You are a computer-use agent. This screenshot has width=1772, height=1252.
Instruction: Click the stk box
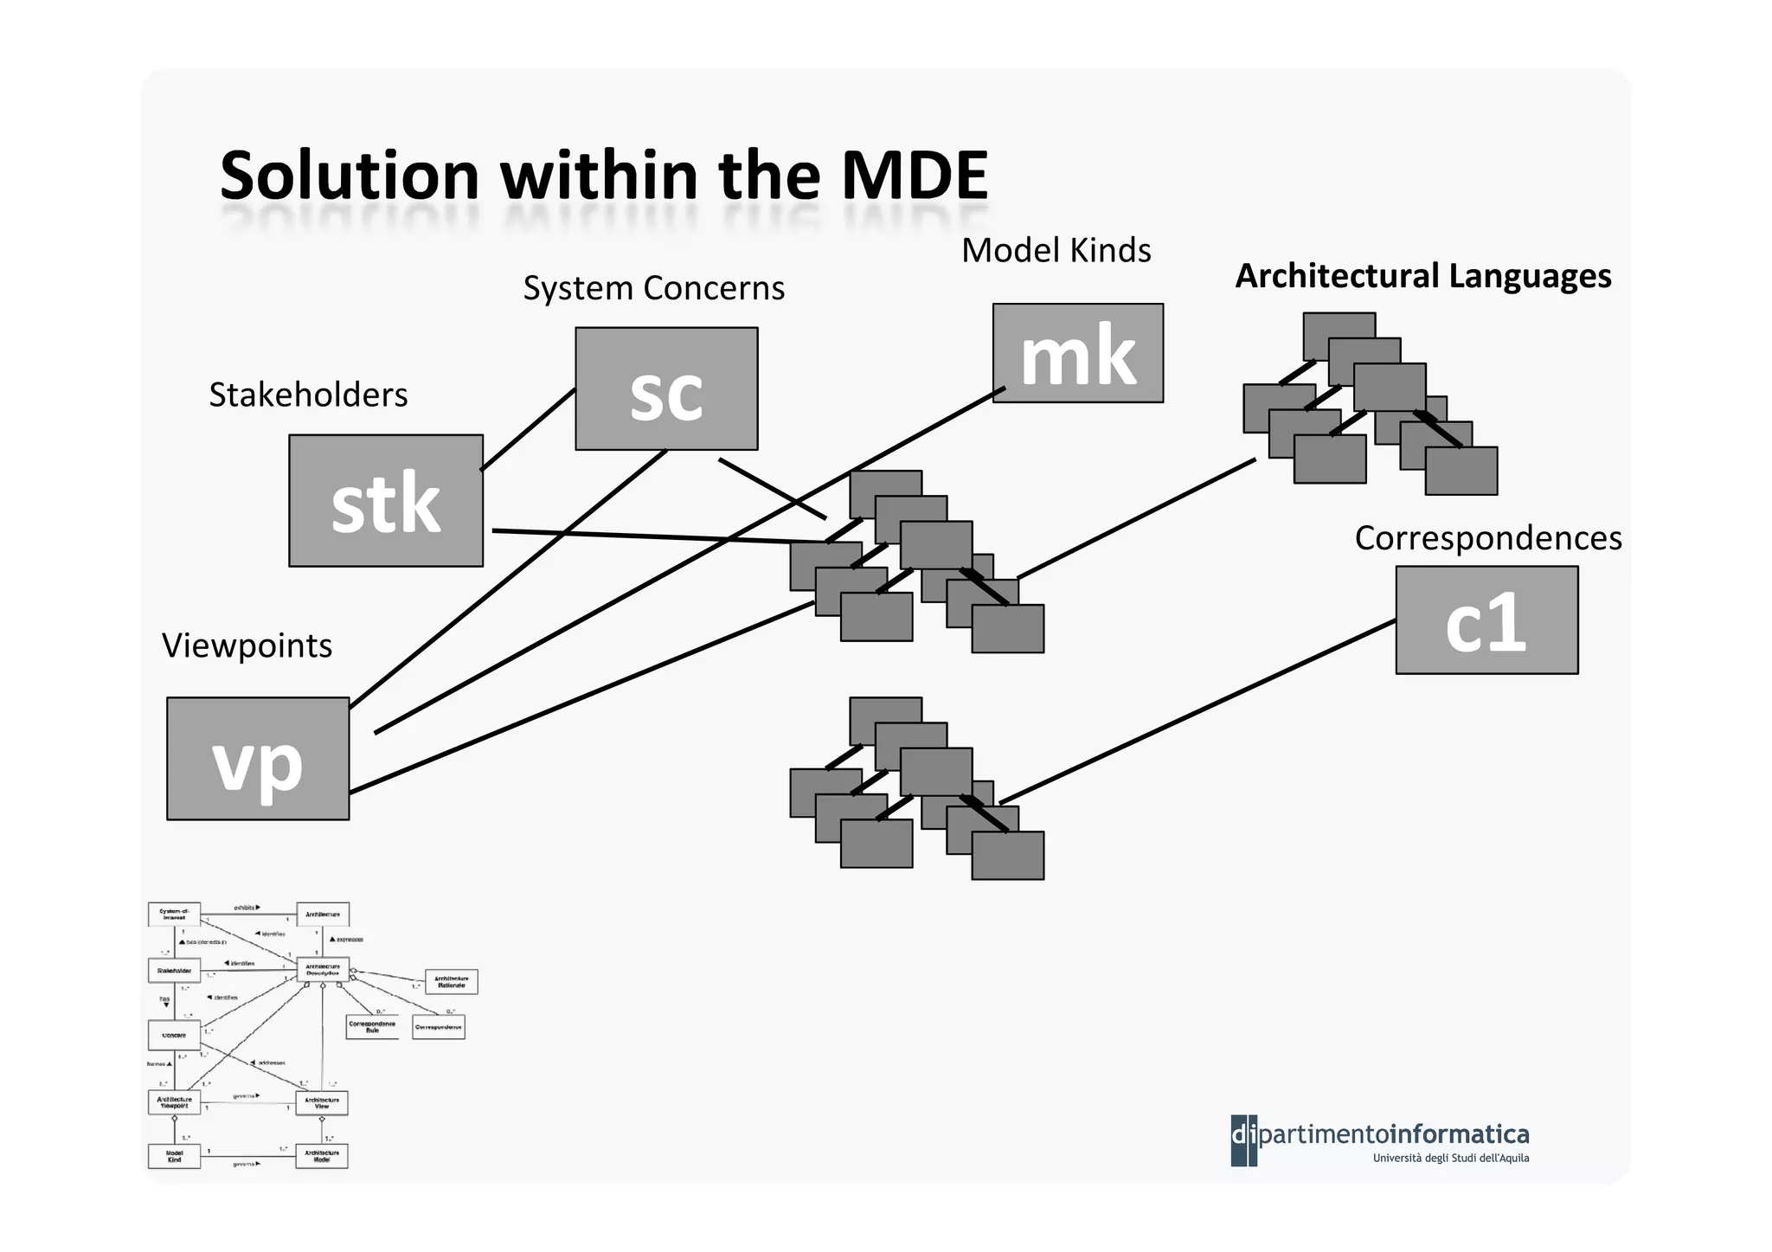click(386, 501)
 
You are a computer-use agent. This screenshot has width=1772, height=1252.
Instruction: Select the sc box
click(666, 388)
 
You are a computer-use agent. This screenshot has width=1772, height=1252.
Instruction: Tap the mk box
click(1077, 353)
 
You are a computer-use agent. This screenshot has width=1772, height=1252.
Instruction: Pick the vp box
click(258, 759)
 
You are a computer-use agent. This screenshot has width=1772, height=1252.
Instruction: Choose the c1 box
click(1486, 620)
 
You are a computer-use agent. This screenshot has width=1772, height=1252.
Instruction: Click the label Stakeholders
click(308, 395)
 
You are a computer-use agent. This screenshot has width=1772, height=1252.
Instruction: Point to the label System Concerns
click(653, 288)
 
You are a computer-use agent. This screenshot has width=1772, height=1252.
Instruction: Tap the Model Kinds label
click(1056, 250)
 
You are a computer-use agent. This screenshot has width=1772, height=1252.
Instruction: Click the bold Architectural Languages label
click(1422, 276)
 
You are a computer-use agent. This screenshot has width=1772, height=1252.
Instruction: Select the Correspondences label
click(1487, 538)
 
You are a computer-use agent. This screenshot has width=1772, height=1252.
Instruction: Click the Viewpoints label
click(247, 645)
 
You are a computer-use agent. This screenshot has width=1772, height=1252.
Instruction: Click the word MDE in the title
click(914, 176)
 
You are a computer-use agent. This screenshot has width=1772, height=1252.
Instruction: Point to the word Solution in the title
click(350, 176)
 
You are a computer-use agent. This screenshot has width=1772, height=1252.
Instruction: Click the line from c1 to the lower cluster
click(1198, 712)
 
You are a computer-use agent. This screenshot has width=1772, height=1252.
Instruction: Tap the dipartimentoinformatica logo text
click(1393, 1133)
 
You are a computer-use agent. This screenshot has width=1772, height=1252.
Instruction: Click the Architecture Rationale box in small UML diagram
click(451, 982)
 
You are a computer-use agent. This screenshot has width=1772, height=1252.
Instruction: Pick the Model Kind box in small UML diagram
click(174, 1156)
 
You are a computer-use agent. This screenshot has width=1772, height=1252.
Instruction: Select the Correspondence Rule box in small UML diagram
click(372, 1027)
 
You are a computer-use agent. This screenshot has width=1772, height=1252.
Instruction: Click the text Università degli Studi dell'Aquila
click(1450, 1159)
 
